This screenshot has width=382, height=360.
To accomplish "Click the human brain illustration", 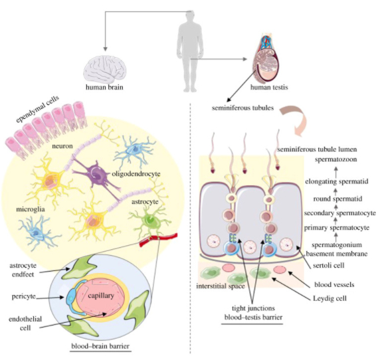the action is coord(104,68).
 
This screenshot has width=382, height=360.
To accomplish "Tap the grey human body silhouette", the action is coord(191,51).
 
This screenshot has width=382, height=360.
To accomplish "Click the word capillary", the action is coord(101,296).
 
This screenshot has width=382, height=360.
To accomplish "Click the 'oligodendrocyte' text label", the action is coord(136,174).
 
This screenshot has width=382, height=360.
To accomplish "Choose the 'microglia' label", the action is coord(31,209).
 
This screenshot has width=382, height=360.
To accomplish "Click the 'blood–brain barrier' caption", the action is coord(100,346).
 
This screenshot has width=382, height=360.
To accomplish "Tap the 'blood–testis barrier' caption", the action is coord(253,317).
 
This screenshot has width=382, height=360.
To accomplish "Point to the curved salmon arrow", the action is coord(294,119).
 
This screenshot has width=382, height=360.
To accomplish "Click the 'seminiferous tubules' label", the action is coord(242,108).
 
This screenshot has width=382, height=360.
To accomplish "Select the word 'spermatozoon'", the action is coord(335,159).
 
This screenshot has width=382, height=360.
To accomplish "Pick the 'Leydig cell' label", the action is coord(330,298).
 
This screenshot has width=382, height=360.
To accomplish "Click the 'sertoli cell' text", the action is coord(329,265).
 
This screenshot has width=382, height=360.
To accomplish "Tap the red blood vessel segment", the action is coord(158,239).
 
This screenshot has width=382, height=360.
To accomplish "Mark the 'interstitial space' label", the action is coord(221,286).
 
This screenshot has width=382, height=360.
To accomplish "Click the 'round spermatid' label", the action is coord(337,199).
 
